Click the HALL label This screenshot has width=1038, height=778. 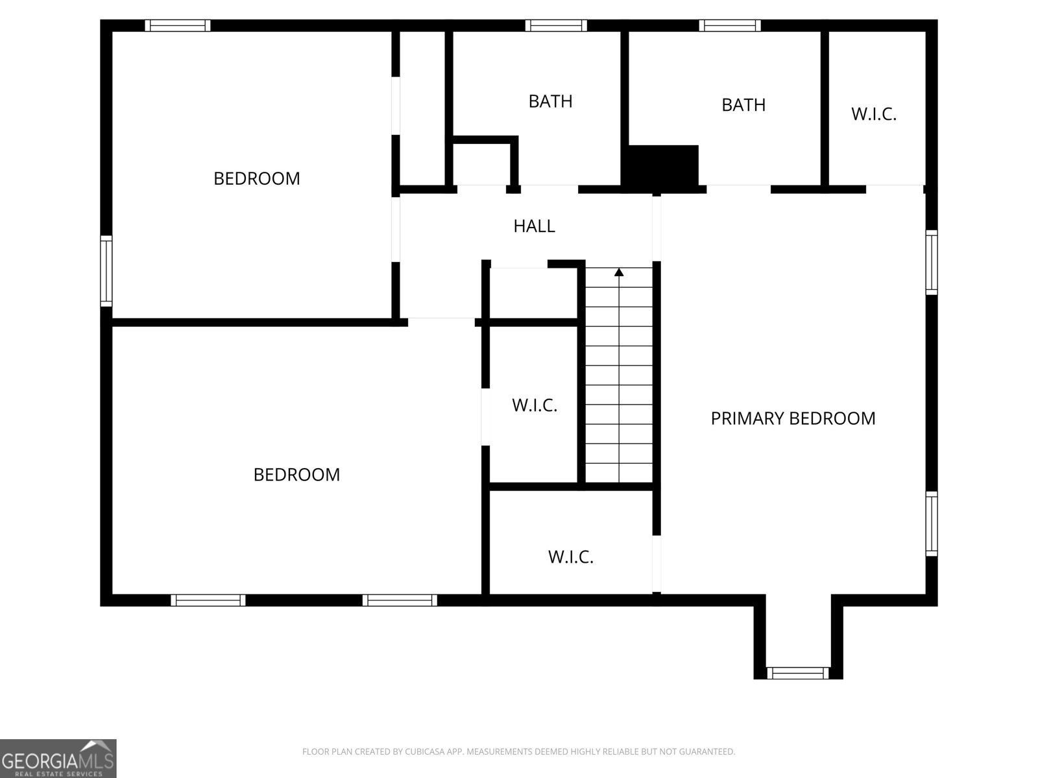pyautogui.click(x=534, y=226)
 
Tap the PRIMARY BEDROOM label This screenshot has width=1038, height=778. pyautogui.click(x=793, y=419)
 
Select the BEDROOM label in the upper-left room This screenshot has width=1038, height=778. pyautogui.click(x=257, y=178)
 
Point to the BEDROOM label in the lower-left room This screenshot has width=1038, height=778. pyautogui.click(x=296, y=475)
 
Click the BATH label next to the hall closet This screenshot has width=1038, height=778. pyautogui.click(x=550, y=101)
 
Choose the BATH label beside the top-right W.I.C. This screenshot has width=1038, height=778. pyautogui.click(x=743, y=105)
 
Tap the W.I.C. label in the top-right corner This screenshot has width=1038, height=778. pyautogui.click(x=874, y=114)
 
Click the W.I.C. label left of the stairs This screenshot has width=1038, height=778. pyautogui.click(x=535, y=405)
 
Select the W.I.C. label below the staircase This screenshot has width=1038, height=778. pyautogui.click(x=571, y=557)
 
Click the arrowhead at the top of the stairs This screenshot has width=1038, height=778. pyautogui.click(x=619, y=272)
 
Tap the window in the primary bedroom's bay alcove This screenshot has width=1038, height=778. pyautogui.click(x=798, y=673)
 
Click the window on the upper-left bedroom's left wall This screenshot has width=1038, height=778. pyautogui.click(x=106, y=270)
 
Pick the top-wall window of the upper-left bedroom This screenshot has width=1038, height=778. pyautogui.click(x=178, y=25)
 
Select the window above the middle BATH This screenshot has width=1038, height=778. pyautogui.click(x=556, y=25)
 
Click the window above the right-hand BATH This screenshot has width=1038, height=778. pyautogui.click(x=730, y=25)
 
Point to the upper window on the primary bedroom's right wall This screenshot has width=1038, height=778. pyautogui.click(x=931, y=262)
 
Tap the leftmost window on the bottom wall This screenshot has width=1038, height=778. pyautogui.click(x=208, y=600)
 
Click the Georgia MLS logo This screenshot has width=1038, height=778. pyautogui.click(x=58, y=759)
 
